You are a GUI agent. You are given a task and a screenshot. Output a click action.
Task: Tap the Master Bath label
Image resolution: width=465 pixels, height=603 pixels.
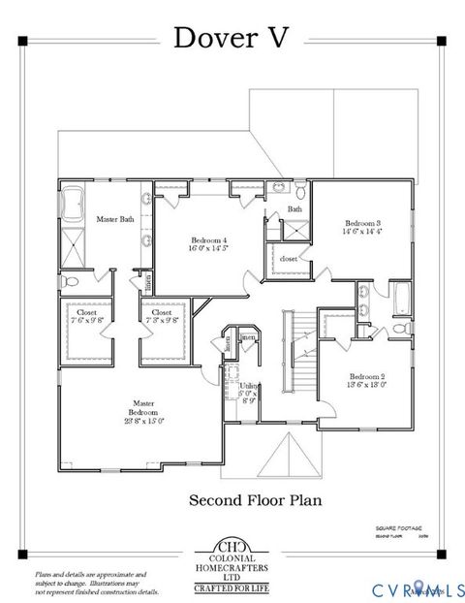pos(114,219)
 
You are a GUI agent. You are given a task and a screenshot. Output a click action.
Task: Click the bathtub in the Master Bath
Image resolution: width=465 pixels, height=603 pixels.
pos(74,205)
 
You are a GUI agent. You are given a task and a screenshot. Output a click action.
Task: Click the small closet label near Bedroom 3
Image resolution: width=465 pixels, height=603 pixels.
pos(289,259)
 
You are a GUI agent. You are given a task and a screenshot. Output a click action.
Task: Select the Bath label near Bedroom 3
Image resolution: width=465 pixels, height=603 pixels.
pos(294,208)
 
